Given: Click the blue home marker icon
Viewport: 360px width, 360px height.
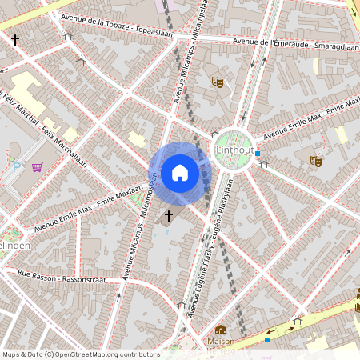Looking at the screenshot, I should [x=180, y=173].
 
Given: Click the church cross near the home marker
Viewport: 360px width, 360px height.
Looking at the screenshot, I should [x=169, y=215].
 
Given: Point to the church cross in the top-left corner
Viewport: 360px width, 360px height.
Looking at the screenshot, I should [x=15, y=38].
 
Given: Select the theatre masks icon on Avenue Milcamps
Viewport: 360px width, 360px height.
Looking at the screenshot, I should [x=217, y=81].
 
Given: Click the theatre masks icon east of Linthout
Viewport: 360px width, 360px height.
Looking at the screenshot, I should [x=316, y=161].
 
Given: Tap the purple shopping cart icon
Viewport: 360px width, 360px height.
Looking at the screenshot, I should [x=37, y=167].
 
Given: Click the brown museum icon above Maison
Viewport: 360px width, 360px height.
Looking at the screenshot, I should [x=221, y=330].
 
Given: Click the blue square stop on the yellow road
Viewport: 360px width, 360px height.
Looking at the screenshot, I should [x=267, y=338].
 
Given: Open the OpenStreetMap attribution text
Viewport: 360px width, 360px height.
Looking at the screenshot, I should [x=81, y=354].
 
